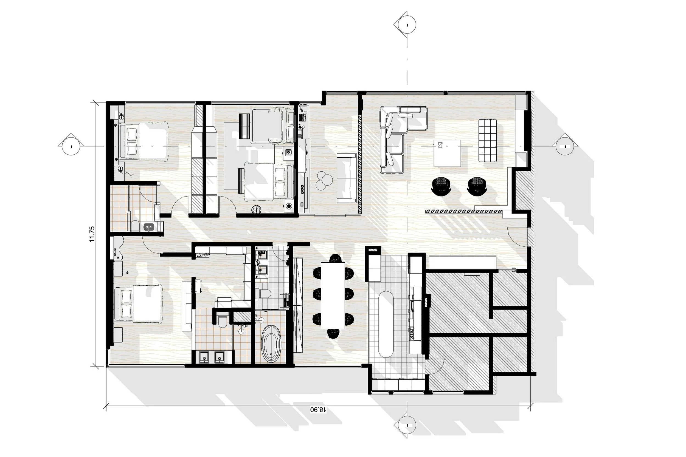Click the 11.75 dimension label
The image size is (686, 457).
click(x=92, y=234)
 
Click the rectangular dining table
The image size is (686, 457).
click(x=333, y=296)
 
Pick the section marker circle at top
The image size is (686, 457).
click(x=407, y=25)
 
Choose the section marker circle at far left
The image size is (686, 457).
click(x=71, y=146)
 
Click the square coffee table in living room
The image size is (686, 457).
click(x=447, y=153)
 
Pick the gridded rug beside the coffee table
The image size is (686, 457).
click(x=487, y=140)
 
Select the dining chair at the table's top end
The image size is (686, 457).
click(x=335, y=258)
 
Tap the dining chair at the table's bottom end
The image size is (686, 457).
click(x=333, y=333)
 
